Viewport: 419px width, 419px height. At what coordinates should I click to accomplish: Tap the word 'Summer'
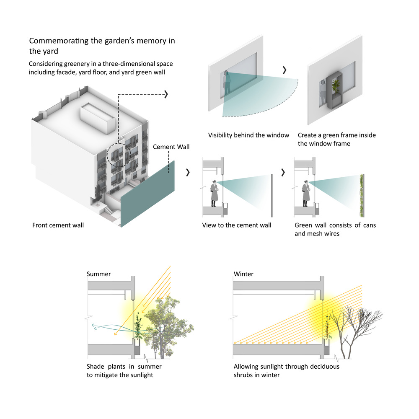coord(99,274)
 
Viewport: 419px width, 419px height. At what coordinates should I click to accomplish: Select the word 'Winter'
coord(243,274)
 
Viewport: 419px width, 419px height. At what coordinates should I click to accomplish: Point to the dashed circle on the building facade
coord(119,156)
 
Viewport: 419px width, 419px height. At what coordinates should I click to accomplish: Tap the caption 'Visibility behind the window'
coord(248,135)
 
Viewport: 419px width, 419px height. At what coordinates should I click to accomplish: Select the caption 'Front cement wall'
coord(58,225)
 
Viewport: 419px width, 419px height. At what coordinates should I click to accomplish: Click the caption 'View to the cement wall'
coord(237,225)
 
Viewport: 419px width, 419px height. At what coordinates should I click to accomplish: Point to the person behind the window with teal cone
coord(227,83)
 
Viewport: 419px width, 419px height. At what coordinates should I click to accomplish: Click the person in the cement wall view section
coord(215,193)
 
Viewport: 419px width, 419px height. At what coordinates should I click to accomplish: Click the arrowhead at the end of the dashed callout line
coord(166,94)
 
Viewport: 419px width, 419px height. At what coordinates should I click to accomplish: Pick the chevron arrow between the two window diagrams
coord(285,69)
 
